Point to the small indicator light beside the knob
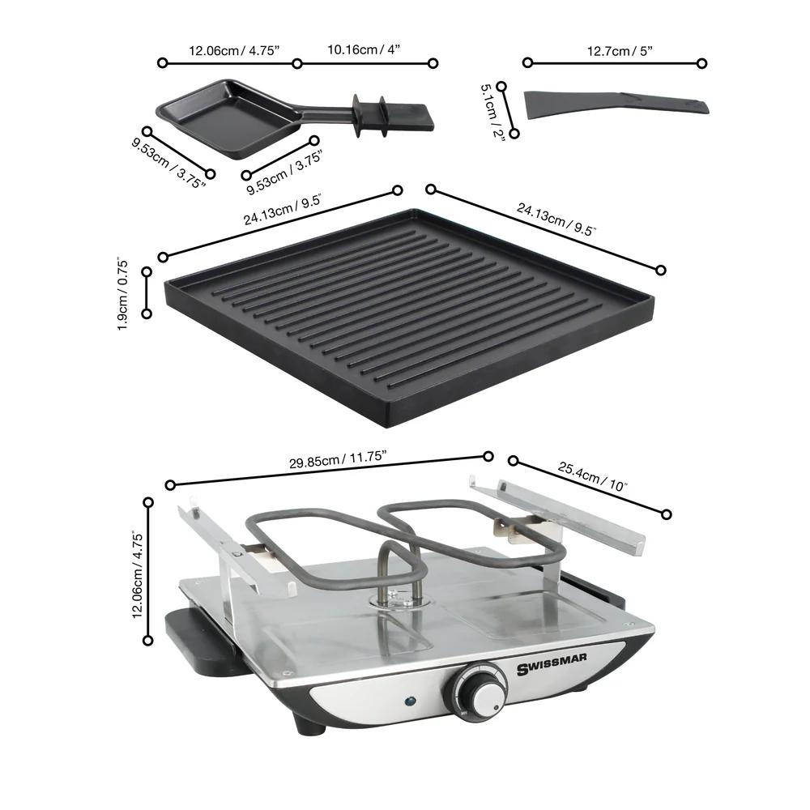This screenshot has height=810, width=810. [409, 701]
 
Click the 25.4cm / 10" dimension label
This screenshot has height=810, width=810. [592, 478]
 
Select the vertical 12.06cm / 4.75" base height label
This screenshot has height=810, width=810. [138, 575]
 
